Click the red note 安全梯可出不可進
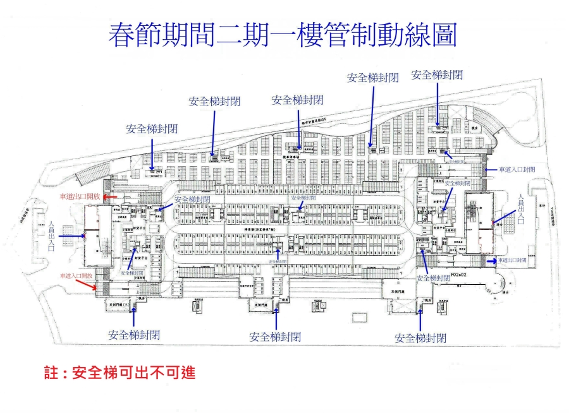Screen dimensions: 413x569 click(x=133, y=373)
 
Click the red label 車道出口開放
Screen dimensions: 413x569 click(x=79, y=196)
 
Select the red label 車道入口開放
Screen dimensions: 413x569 click(x=76, y=276)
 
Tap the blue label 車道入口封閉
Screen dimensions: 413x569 click(x=517, y=170)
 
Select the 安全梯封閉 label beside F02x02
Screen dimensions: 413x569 click(x=434, y=278)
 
